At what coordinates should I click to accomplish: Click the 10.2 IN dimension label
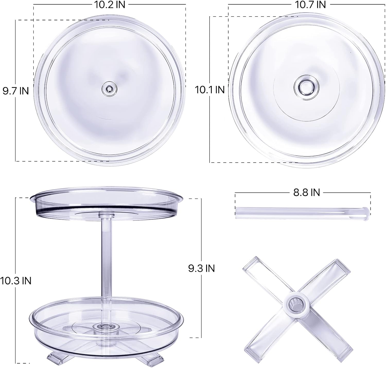pyautogui.click(x=110, y=5)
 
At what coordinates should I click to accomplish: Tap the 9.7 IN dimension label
pyautogui.click(x=16, y=91)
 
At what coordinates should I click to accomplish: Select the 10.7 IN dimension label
pyautogui.click(x=310, y=5)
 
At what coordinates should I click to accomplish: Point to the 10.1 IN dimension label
pyautogui.click(x=210, y=90)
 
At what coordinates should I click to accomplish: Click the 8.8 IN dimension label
pyautogui.click(x=306, y=192)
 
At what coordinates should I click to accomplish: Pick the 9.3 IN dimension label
pyautogui.click(x=201, y=268)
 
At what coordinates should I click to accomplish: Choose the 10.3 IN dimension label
pyautogui.click(x=16, y=281)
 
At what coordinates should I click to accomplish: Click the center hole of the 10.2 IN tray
pyautogui.click(x=109, y=89)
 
